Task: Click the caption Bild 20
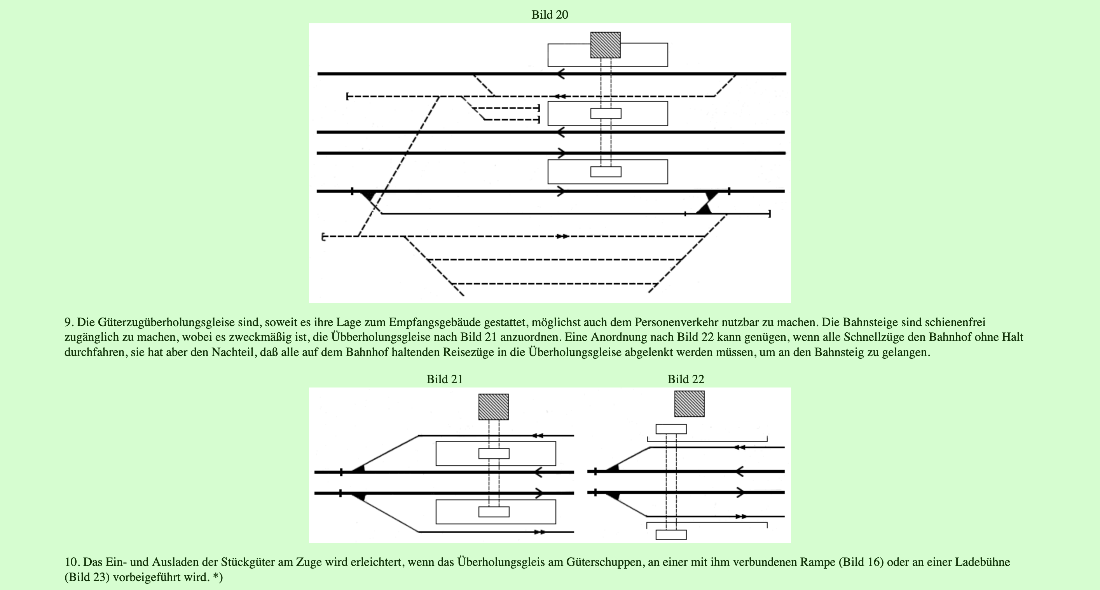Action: pos(550,14)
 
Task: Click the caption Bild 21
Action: pos(445,379)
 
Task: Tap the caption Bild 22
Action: pos(685,379)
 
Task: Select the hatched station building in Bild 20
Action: pos(605,45)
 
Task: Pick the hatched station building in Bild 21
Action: pos(493,407)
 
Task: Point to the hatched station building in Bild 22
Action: pos(689,403)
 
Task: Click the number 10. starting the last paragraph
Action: pos(72,562)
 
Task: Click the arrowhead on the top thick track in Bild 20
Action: pos(560,74)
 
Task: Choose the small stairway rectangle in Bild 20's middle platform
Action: pos(606,113)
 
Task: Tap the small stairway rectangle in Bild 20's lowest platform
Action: pos(606,172)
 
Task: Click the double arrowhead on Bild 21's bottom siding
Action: pos(540,532)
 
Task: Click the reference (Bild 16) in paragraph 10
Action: pos(861,562)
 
